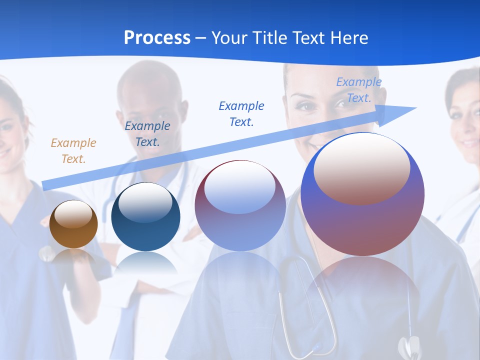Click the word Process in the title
point(157,37)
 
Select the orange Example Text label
point(73,150)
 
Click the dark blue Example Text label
point(147,133)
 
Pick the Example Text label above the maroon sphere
point(241,113)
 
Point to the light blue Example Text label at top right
point(358,90)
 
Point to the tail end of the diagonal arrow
point(46,185)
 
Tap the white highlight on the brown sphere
point(73,214)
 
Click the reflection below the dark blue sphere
point(145,262)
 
